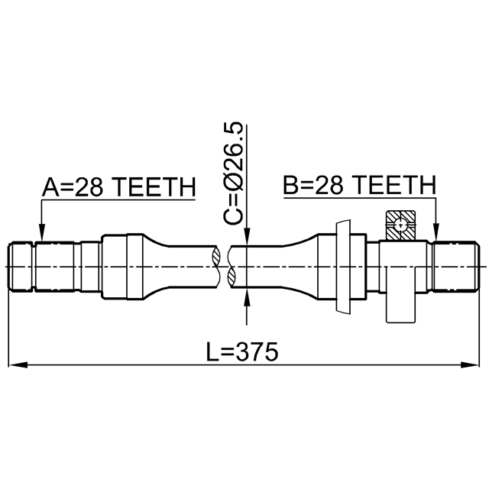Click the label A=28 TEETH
119,187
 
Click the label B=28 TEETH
359,185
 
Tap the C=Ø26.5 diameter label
234,173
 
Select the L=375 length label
242,351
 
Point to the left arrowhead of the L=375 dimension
18,364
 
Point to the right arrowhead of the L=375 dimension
469,364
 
